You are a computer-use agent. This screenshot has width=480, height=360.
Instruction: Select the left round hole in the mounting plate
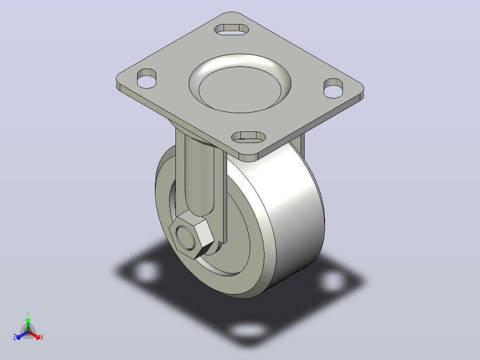pos(146,79)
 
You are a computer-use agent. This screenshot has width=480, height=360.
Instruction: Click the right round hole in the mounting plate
pos(334,88)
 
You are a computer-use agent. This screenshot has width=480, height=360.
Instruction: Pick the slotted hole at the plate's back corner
pos(232,29)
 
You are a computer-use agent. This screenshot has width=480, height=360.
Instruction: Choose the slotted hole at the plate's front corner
pos(248,137)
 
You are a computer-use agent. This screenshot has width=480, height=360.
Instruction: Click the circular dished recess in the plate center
pos(240,83)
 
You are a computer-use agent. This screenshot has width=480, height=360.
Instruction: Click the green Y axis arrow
pos(28,325)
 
